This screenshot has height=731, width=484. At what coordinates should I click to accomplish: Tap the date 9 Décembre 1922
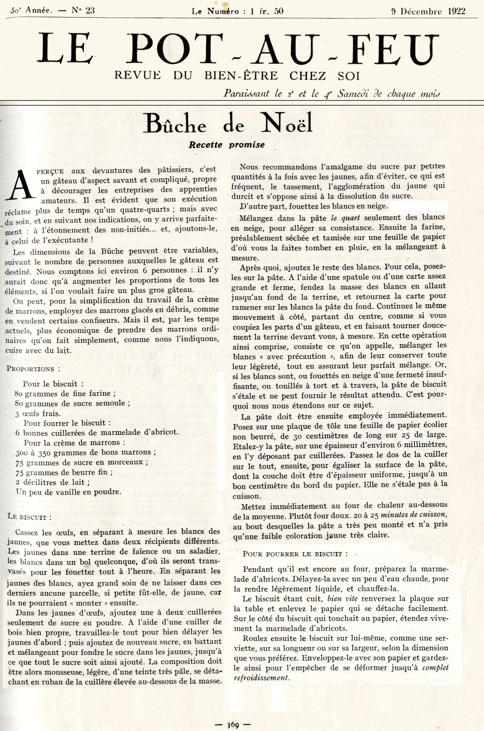coord(428,11)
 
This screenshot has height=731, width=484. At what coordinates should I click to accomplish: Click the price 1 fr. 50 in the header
coord(267,11)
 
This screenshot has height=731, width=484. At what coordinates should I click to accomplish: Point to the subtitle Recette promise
coord(226,145)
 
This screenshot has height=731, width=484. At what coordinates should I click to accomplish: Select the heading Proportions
coord(33,369)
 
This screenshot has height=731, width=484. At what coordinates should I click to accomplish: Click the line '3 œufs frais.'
coord(38,413)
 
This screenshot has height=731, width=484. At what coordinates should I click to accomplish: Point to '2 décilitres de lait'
coord(53,482)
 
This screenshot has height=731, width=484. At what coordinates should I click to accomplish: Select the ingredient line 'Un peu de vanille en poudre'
coord(68,492)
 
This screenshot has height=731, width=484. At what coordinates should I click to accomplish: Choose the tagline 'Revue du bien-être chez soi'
coord(237,76)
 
